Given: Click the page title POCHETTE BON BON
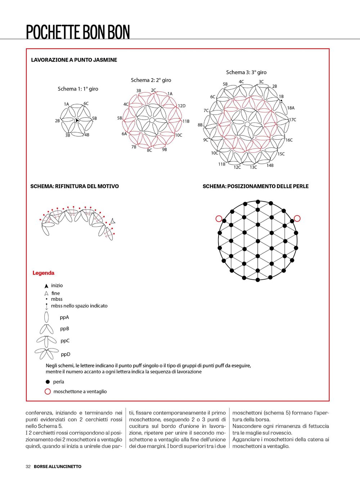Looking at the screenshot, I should tap(78, 32).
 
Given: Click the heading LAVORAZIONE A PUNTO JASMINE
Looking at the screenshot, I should tap(74, 60).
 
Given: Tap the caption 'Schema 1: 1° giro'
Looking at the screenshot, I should tap(78, 89).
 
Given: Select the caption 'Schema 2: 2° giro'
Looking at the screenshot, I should tap(151, 80).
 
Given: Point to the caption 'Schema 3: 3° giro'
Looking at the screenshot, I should tap(246, 72).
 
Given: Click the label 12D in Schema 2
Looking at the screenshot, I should tap(181, 106).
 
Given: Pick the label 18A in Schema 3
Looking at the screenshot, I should tap(291, 108).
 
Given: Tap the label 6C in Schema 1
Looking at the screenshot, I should tap(86, 103).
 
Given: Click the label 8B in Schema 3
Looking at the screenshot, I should tap(200, 125).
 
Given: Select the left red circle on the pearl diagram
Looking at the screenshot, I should tap(219, 218).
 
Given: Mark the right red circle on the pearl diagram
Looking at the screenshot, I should tap(297, 218).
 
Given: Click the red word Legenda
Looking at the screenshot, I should tap(43, 273).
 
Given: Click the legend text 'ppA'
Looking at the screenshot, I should tap(64, 317).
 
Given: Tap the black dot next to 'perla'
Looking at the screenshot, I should tap(48, 382).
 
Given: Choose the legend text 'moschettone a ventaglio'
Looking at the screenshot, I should tap(80, 391).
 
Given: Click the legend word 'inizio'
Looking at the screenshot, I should tap(57, 285).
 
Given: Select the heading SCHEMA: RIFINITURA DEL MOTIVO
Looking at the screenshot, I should tap(75, 186).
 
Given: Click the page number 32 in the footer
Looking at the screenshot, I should tap(28, 466).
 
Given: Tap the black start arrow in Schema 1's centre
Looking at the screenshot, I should tap(77, 120).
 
